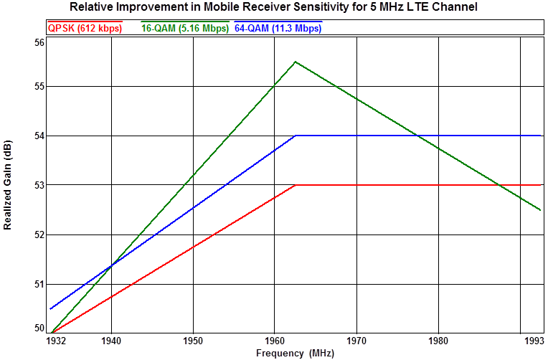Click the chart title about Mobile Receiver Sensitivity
click(x=273, y=7)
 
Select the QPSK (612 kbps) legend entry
click(x=84, y=29)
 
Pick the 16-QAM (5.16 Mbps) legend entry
click(x=184, y=29)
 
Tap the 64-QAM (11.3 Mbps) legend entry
click(x=278, y=29)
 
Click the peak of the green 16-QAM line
click(x=296, y=62)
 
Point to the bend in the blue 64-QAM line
click(x=296, y=136)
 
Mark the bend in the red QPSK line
click(x=296, y=185)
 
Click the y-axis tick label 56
click(x=39, y=42)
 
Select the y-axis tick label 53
click(x=39, y=185)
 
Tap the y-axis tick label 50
click(x=39, y=328)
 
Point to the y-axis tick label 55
click(x=39, y=87)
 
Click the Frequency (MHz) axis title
click(x=295, y=353)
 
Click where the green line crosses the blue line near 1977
click(x=415, y=136)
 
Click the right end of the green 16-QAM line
click(x=540, y=210)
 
